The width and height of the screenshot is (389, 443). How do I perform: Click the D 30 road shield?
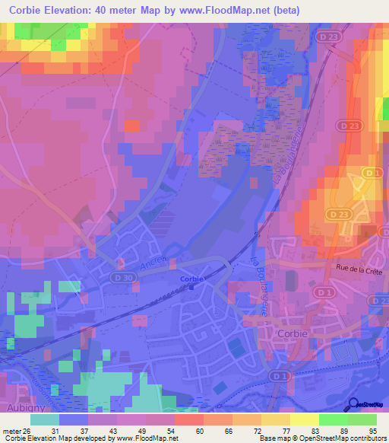pos(121,263)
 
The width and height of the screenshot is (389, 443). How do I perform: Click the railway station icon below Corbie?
pos(192,287)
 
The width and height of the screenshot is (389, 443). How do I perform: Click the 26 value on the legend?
pos(28,431)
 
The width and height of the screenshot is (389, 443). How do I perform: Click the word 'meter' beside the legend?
pos(11,431)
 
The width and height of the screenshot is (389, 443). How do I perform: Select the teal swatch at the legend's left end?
pos(45,419)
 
